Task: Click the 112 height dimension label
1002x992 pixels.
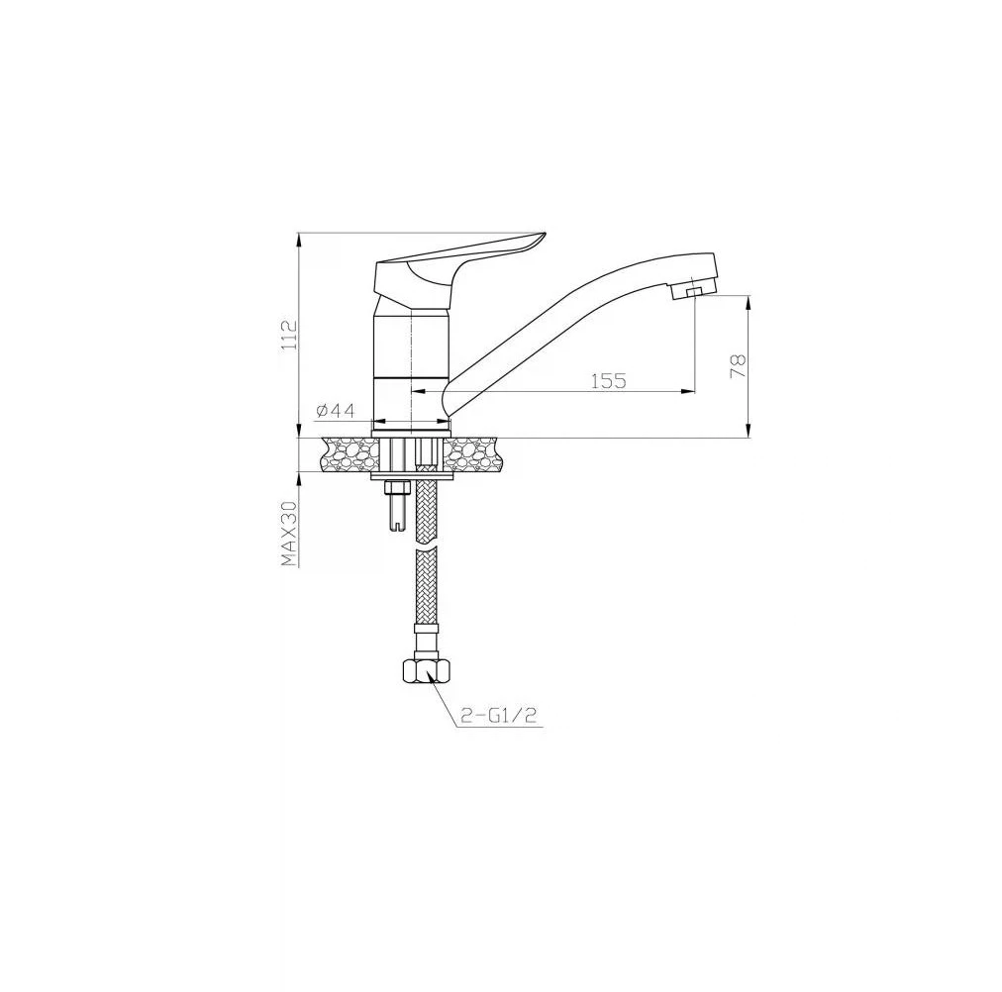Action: tap(290, 334)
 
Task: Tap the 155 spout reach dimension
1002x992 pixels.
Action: tap(608, 381)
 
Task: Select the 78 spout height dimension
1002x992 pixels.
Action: tap(738, 366)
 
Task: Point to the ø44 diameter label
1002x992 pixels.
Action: tap(335, 411)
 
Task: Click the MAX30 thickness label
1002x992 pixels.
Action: tap(290, 533)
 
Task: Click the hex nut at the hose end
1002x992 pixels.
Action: tap(426, 670)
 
